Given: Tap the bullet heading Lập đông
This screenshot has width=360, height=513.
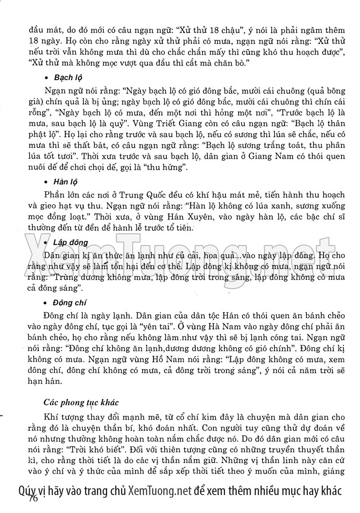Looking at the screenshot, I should [x=70, y=243].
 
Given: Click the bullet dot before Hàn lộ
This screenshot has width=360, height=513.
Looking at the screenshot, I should [x=47, y=183].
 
